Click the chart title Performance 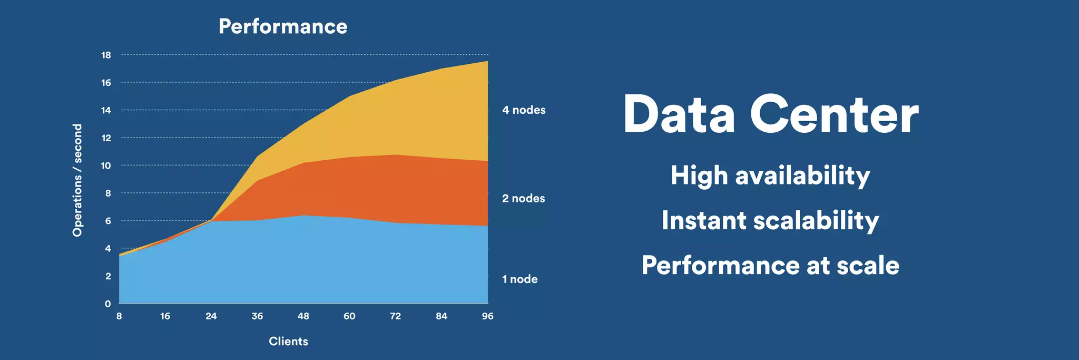click(283, 27)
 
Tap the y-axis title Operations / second click(78, 180)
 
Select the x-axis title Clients click(288, 342)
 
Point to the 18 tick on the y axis click(106, 55)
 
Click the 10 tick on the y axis click(106, 166)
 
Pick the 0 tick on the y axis click(108, 304)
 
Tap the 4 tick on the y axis click(108, 249)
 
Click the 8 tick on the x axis click(119, 316)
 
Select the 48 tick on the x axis click(303, 316)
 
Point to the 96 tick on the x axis click(488, 316)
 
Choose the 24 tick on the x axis click(211, 316)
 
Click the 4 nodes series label click(524, 110)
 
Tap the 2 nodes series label click(523, 199)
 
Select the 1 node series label click(520, 279)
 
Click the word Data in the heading click(679, 115)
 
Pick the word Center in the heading click(834, 115)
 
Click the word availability click(803, 176)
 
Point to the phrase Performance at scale click(770, 265)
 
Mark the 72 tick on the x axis click(396, 316)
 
